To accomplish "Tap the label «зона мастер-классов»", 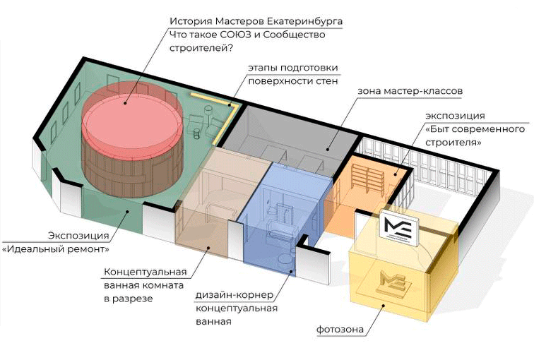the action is click(399, 92).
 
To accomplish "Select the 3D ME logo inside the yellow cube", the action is click(391, 286).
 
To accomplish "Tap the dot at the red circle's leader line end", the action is click(127, 103).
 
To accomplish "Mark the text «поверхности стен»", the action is click(292, 81).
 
